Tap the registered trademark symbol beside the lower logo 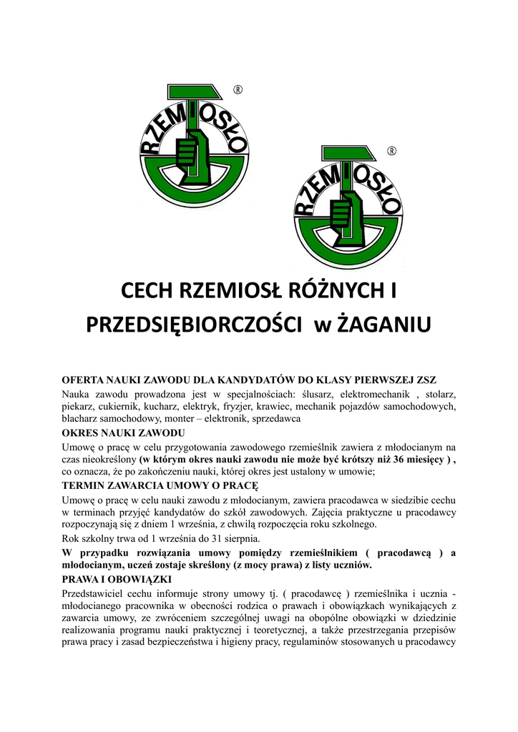[391, 151]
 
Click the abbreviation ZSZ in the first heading [422, 379]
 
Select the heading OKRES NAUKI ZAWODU [124, 434]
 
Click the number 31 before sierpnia [207, 538]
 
